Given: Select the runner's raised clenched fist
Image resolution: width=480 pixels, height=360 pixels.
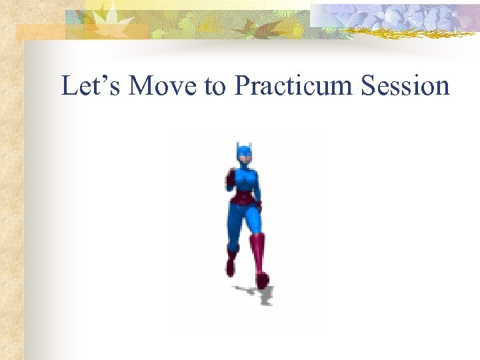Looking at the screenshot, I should (231, 177).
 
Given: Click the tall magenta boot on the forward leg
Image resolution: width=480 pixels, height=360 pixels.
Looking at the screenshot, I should (258, 257).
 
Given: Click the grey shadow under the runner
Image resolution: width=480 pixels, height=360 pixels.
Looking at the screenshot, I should (256, 293).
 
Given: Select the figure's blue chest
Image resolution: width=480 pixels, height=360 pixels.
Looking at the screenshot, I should (245, 180).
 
